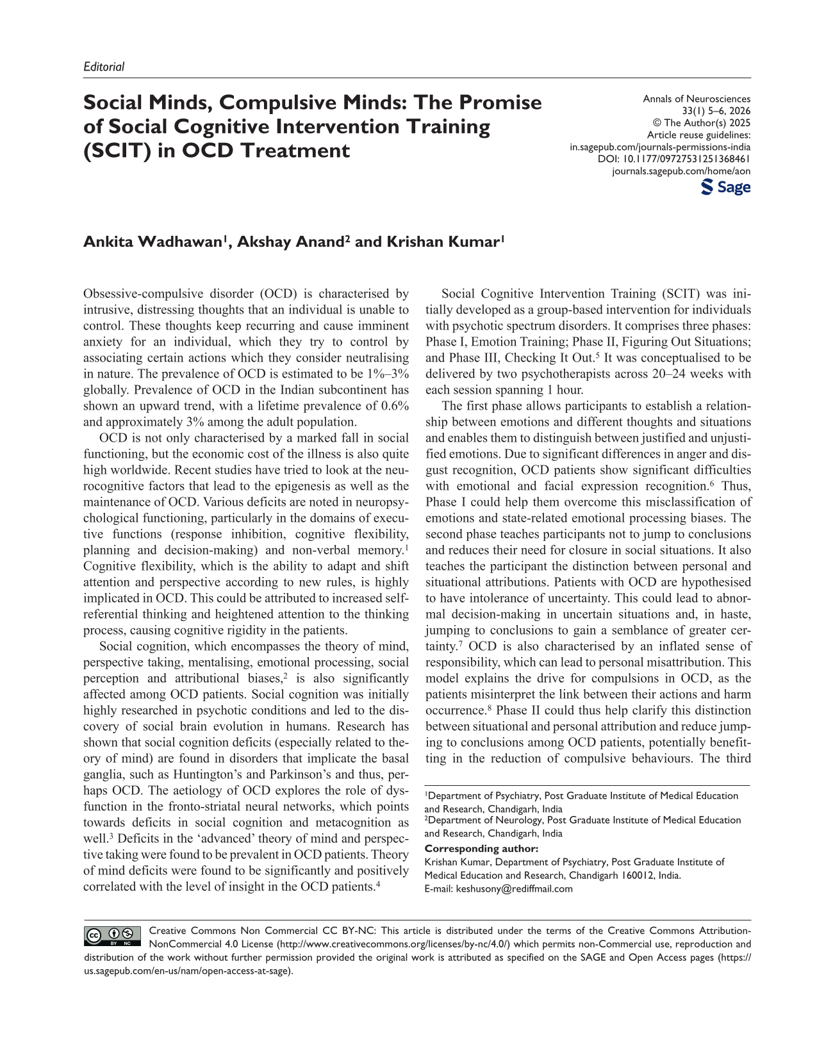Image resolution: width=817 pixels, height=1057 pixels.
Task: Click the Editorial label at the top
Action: (104, 67)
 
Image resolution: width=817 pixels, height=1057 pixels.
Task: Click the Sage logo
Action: (726, 187)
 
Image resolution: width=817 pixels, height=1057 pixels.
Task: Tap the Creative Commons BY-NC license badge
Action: (113, 936)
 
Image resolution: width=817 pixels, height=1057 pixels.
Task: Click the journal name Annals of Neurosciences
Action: (697, 99)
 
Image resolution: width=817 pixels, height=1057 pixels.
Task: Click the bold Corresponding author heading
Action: (481, 849)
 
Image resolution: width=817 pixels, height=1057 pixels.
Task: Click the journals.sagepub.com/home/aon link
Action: (681, 171)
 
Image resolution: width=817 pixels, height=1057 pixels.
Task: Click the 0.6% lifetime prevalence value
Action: (393, 406)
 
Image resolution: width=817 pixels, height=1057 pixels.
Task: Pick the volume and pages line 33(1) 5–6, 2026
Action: (716, 111)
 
